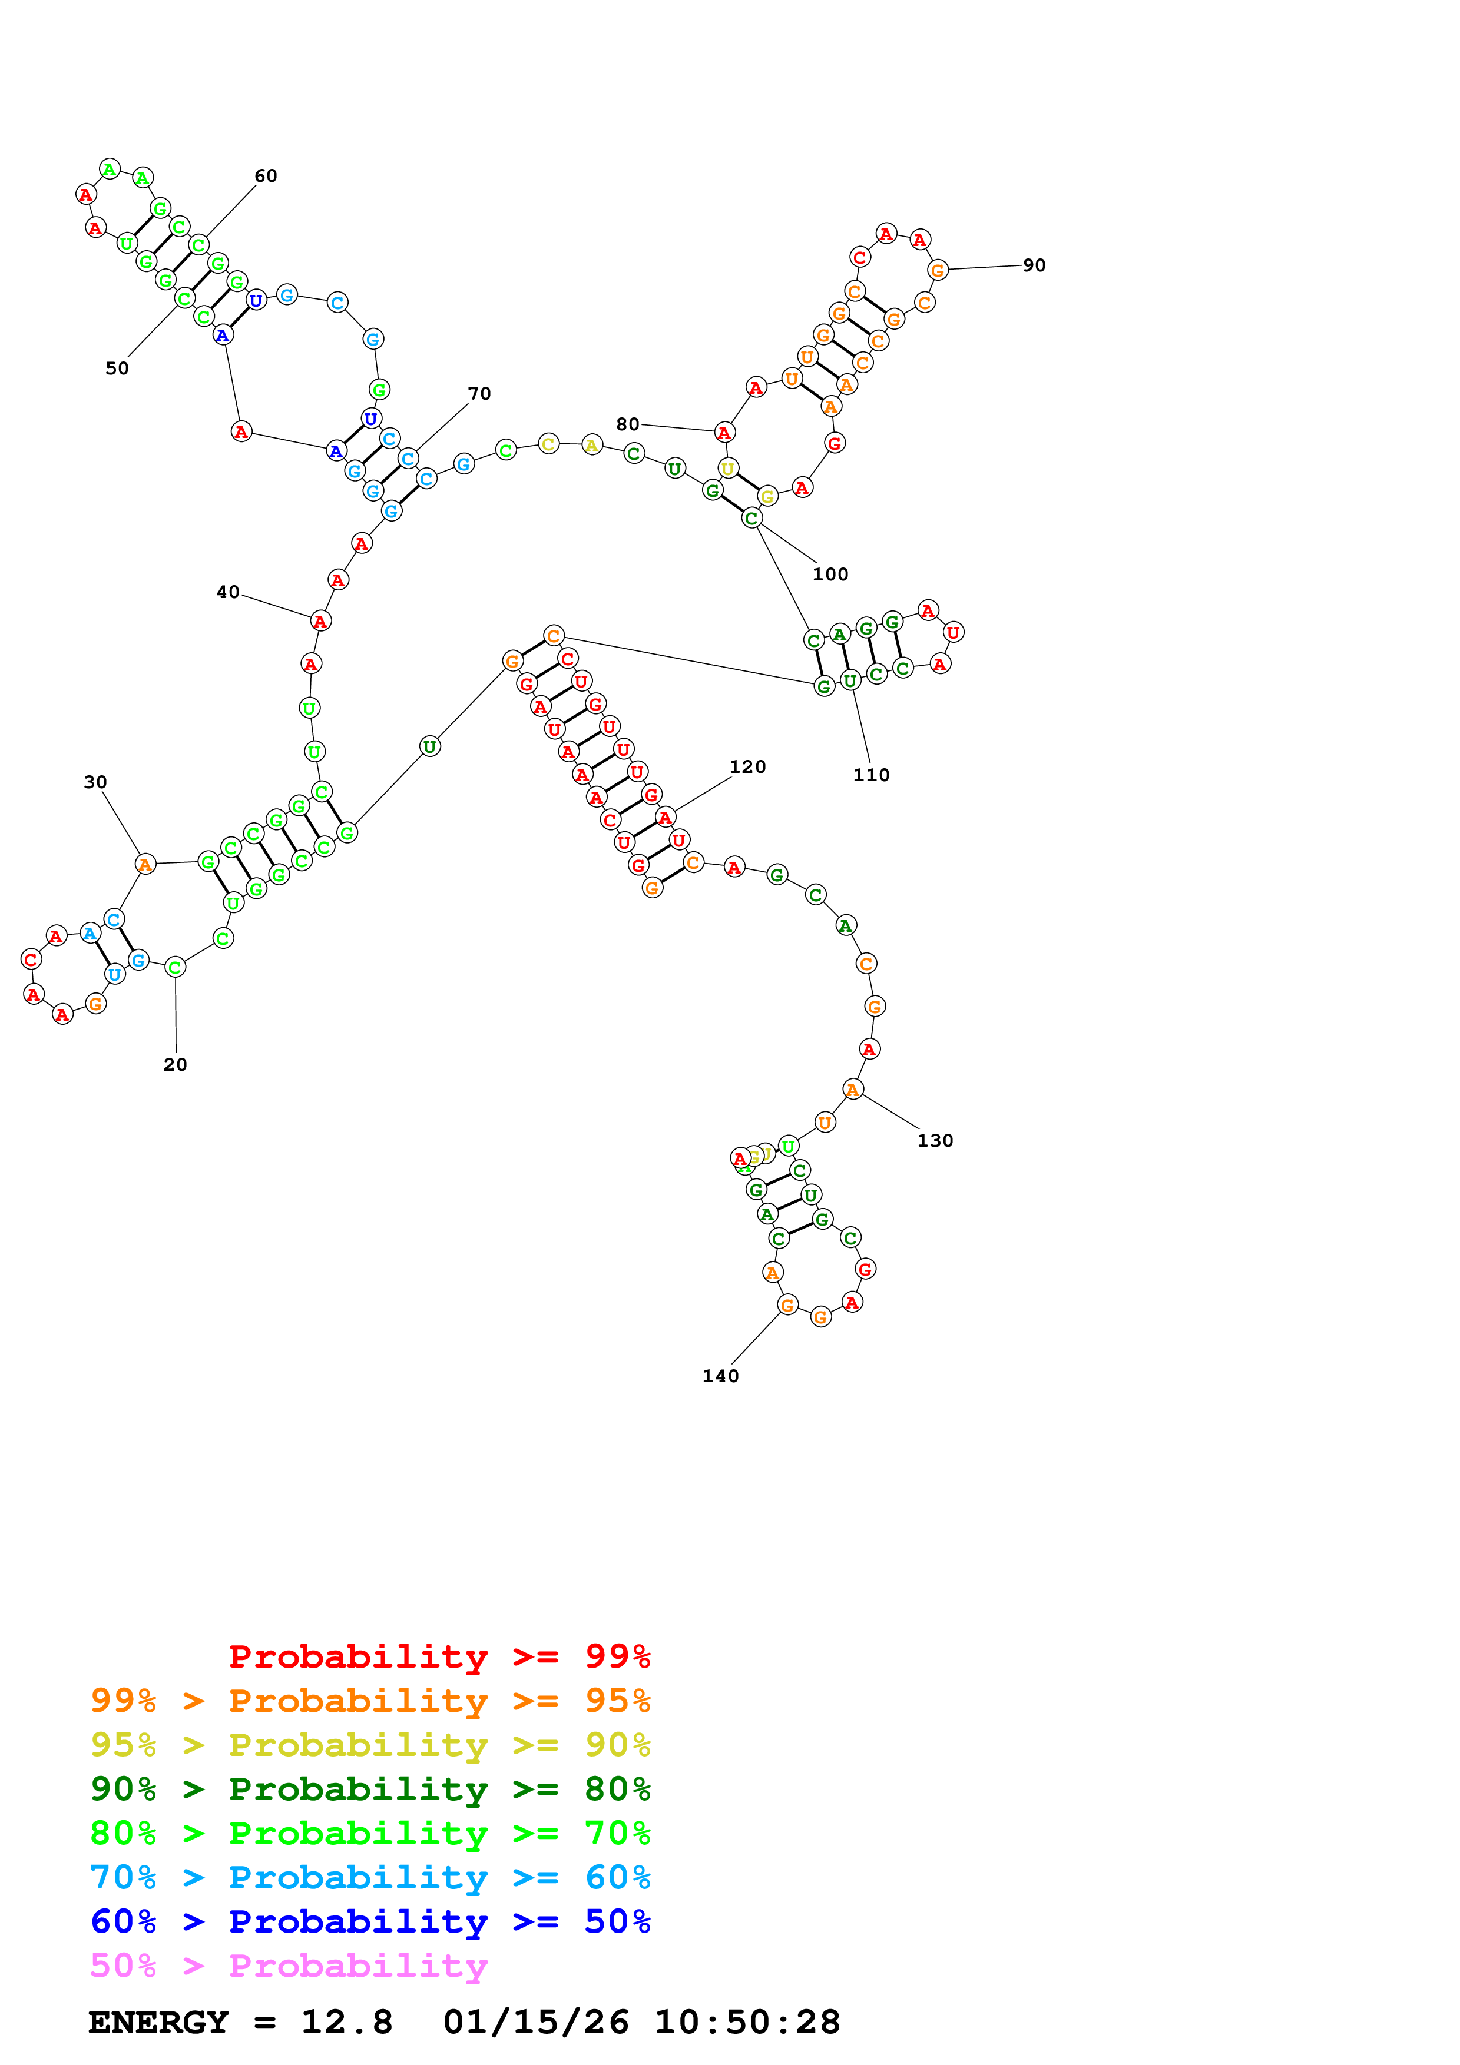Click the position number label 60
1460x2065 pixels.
pyautogui.click(x=266, y=176)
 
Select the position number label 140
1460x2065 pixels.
pyautogui.click(x=720, y=1376)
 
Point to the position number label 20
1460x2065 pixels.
pyautogui.click(x=176, y=1065)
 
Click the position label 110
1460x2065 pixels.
pyautogui.click(x=871, y=775)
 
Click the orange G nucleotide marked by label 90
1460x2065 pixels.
pyautogui.click(x=938, y=270)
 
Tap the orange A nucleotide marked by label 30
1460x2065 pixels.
pyautogui.click(x=145, y=864)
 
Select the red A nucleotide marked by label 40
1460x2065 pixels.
pyautogui.click(x=320, y=620)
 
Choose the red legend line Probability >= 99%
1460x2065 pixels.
pyautogui.click(x=439, y=1656)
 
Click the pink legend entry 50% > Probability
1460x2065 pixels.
pyautogui.click(x=289, y=1966)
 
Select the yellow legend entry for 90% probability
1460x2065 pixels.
pyautogui.click(x=370, y=1745)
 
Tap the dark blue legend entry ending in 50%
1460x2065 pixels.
pyautogui.click(x=370, y=1921)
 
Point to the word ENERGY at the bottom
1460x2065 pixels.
pyautogui.click(x=158, y=2022)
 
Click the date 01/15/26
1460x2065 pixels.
pyautogui.click(x=536, y=2022)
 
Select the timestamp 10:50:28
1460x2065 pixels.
pyautogui.click(x=747, y=2022)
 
